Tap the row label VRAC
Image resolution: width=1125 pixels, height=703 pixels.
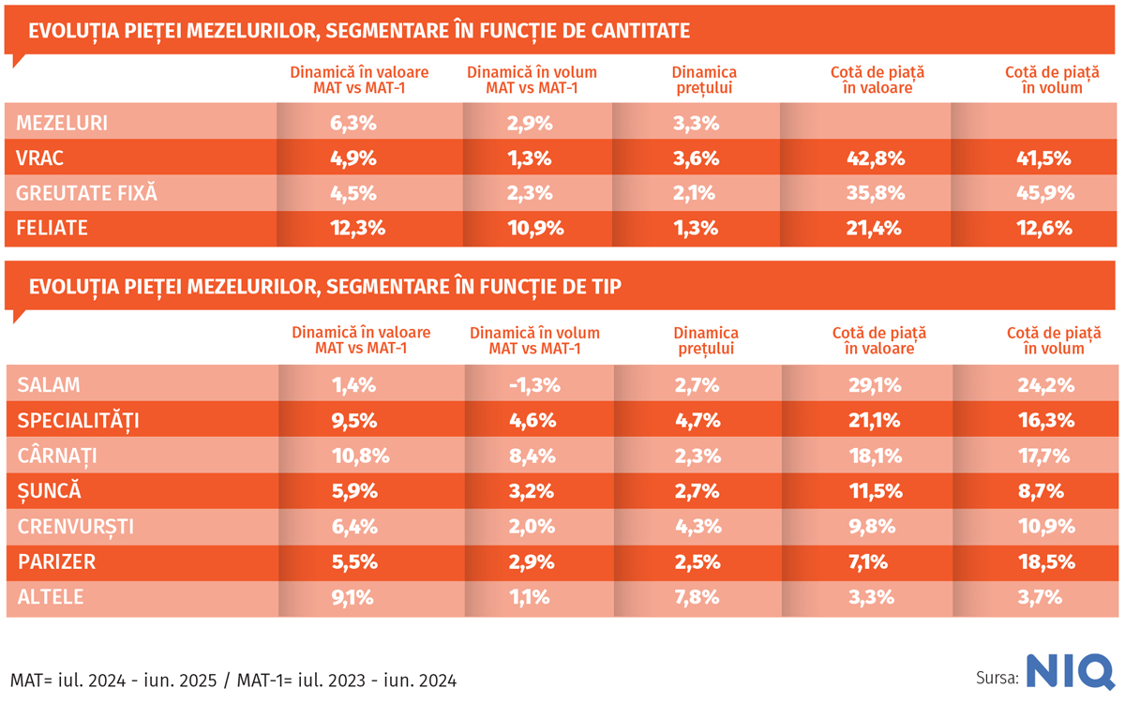(40, 158)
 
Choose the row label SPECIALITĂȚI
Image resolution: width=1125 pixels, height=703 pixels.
(78, 421)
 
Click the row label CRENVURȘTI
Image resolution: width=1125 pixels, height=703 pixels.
(75, 527)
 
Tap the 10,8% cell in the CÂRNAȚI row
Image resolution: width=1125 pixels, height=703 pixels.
(355, 456)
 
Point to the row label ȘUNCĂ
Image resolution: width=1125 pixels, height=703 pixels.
(49, 491)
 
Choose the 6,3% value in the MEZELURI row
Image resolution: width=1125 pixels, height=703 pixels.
(355, 123)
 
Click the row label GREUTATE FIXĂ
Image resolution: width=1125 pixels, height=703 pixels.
(86, 194)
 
